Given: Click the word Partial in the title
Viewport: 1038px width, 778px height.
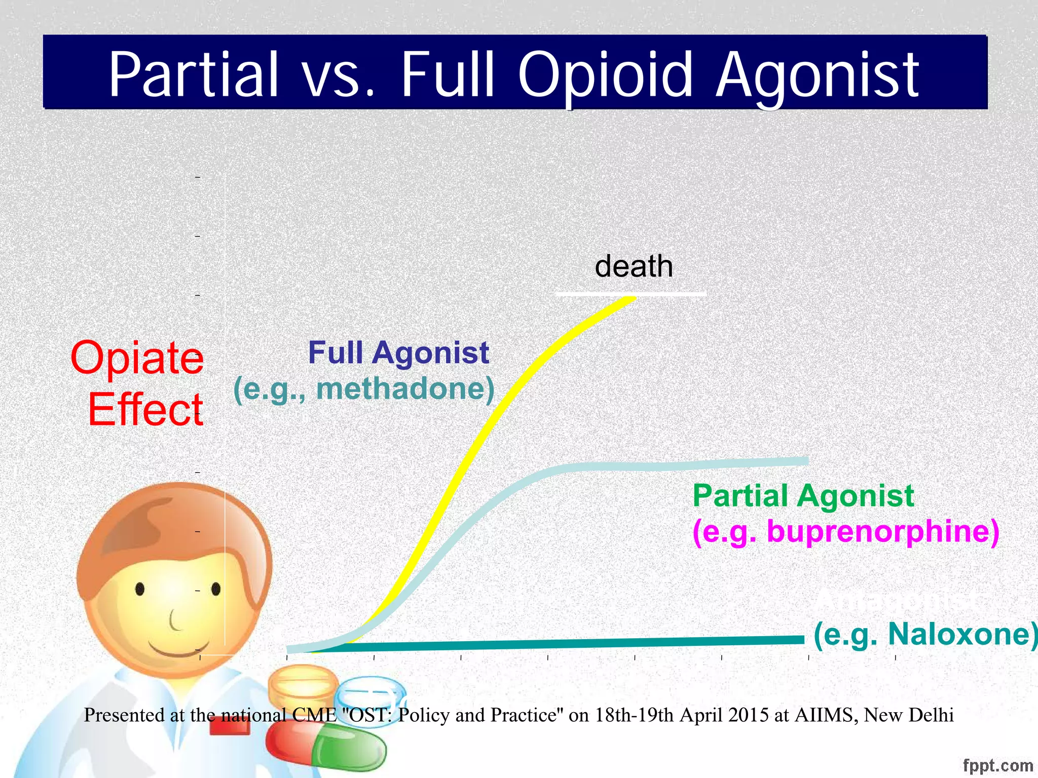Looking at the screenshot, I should pos(194,74).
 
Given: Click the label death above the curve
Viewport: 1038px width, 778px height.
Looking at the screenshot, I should pos(634,266).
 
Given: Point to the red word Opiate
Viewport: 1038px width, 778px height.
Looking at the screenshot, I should pos(137,358).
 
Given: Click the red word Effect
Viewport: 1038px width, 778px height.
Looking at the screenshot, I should pos(145,409).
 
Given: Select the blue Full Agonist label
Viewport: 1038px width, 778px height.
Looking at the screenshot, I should pos(398,353).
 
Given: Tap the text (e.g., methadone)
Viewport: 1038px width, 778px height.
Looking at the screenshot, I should pos(364,389).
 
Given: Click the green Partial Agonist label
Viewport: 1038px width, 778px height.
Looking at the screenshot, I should pos(803,495).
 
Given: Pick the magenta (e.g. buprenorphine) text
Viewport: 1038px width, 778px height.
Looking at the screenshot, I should pos(845,532).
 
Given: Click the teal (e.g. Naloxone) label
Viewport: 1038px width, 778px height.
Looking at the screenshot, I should pos(925,634).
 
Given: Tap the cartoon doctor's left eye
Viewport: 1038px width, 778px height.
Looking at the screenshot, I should pos(140,589).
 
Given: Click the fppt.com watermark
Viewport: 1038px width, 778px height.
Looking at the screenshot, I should pos(997,766).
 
